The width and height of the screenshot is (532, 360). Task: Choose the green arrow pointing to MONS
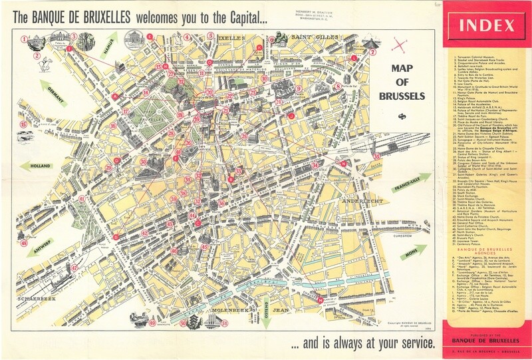412,253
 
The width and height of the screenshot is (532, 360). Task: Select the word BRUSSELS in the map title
402,96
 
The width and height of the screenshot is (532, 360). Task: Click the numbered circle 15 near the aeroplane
24,124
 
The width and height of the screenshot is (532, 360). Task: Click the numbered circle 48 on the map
24,244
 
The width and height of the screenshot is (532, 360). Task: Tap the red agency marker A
116,96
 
